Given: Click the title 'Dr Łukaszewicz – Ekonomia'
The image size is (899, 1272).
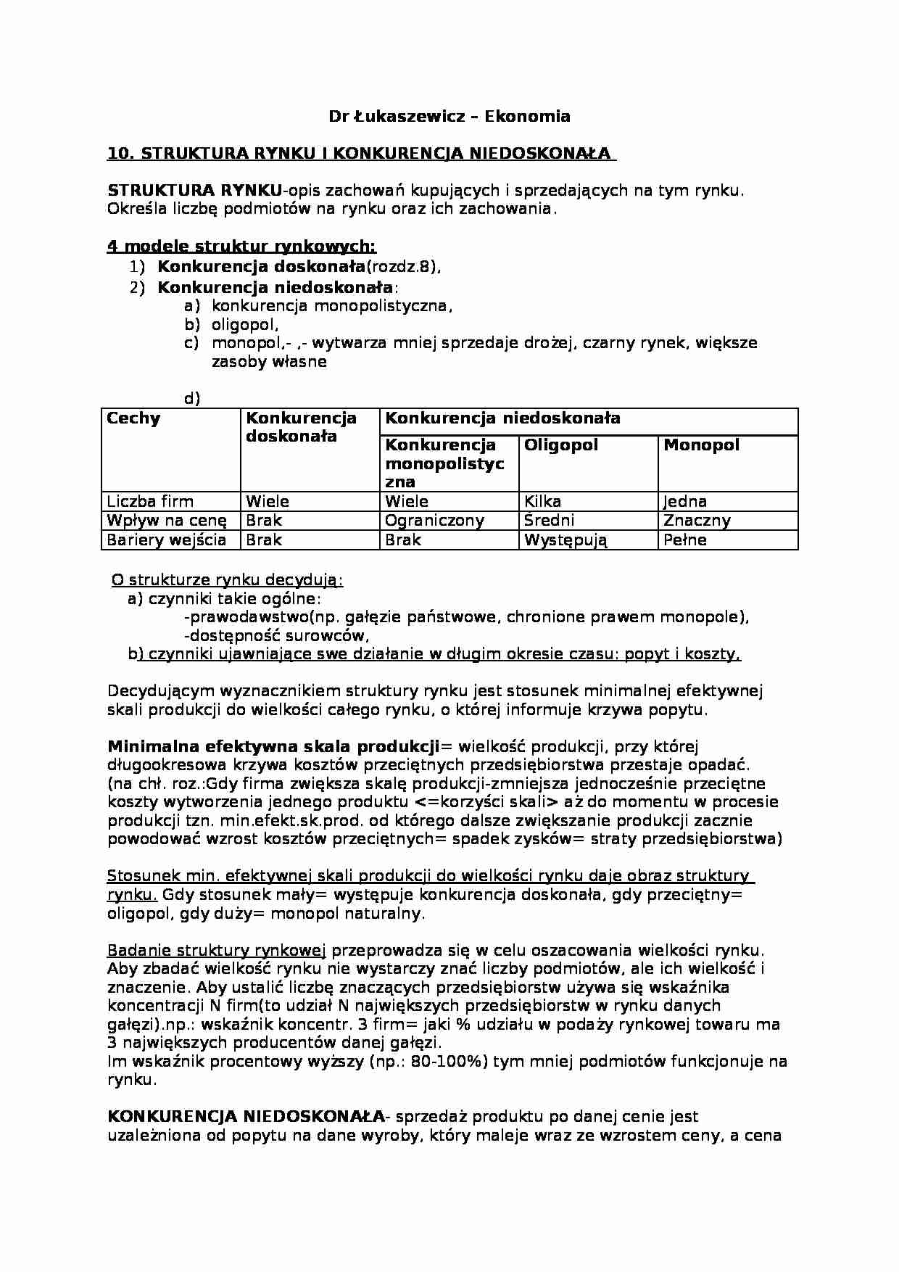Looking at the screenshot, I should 449,116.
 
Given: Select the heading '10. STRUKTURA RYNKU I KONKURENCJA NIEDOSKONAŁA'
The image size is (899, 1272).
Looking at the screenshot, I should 360,154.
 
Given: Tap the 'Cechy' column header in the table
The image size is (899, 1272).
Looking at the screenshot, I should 133,418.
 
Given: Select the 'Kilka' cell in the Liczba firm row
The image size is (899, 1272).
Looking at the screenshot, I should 542,501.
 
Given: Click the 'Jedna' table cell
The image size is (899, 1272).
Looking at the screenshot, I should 684,501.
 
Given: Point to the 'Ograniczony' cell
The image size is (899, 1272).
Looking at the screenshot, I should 434,520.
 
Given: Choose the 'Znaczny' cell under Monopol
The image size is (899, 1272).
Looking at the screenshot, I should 697,520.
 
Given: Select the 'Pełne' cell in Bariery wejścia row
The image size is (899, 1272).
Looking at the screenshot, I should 684,540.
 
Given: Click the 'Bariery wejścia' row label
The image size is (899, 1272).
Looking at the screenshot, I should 166,540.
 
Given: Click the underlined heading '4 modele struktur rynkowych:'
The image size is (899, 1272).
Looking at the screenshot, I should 241,247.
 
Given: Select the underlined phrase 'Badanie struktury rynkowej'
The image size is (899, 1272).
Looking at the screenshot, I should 216,950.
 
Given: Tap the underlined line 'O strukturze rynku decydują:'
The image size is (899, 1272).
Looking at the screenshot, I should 228,580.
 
